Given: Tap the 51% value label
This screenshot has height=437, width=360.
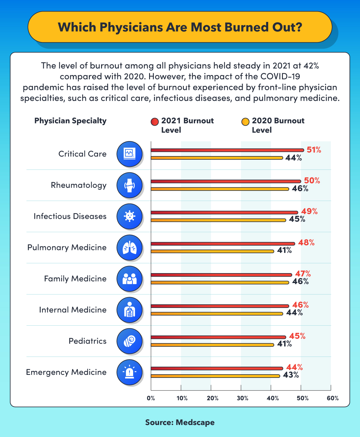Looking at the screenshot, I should point(314,150).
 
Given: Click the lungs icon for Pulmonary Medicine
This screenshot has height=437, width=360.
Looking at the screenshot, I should point(129,248).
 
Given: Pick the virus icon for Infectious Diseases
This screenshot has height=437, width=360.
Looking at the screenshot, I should point(129,216).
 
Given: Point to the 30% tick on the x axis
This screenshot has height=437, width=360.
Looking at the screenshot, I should point(242,398).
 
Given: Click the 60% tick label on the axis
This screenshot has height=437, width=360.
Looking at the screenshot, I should point(333,398).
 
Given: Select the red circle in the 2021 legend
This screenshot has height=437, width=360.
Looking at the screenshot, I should point(154,122).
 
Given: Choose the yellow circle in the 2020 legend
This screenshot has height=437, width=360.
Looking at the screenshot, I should point(245,122).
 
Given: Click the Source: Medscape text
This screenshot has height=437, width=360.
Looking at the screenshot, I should point(180,422).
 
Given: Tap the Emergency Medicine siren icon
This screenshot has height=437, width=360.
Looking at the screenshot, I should point(129,372).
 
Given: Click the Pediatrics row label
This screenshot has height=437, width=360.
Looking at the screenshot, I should point(88,341).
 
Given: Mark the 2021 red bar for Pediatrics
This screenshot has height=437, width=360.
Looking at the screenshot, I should point(218,337).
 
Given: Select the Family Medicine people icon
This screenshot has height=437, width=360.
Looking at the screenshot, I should point(129,279).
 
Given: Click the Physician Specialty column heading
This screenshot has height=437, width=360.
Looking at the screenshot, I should point(70,121).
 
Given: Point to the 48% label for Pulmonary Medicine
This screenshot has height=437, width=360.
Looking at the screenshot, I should point(306,243).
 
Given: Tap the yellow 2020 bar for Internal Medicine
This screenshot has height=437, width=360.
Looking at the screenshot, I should point(217,314).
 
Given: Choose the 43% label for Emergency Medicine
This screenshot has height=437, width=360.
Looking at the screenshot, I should point(291,375).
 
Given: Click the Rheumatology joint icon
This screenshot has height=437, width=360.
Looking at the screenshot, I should point(129,185).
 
